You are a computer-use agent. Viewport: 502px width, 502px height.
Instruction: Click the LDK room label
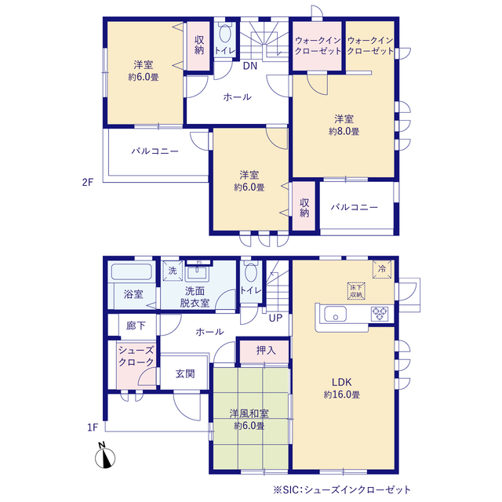[x=342, y=382]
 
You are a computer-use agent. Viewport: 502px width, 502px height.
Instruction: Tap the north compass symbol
[x=104, y=456]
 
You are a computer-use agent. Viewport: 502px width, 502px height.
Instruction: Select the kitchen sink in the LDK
[x=335, y=314]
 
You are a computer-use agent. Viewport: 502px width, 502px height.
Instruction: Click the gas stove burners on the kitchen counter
[x=380, y=314]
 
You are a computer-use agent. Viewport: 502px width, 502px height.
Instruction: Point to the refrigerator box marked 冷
[x=382, y=269]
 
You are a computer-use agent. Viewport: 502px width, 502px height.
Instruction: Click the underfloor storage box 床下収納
[x=356, y=291]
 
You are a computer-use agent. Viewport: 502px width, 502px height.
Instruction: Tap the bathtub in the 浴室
[x=131, y=271]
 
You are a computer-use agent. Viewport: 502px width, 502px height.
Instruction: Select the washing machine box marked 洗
[x=173, y=271]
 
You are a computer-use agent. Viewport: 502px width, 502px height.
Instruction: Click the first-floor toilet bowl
[x=251, y=272]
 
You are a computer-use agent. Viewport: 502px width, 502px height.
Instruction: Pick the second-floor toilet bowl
[x=225, y=32]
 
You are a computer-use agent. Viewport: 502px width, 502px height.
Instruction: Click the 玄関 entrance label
[x=185, y=373]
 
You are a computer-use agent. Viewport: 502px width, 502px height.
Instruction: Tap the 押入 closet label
[x=266, y=351]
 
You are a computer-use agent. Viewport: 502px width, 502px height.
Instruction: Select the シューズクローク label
[x=136, y=356]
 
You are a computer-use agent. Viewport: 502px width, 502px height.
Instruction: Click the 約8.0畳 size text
[x=344, y=131]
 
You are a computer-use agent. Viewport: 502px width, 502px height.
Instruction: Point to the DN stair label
[x=250, y=66]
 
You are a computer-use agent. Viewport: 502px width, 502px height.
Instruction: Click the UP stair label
[x=275, y=318]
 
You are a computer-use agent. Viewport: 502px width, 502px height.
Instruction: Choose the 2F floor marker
[x=87, y=182]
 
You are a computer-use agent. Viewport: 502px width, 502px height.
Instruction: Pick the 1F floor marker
[x=93, y=427]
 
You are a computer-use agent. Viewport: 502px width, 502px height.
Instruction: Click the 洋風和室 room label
[x=249, y=413]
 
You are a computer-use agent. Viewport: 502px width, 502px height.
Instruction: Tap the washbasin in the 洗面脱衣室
[x=198, y=273]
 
